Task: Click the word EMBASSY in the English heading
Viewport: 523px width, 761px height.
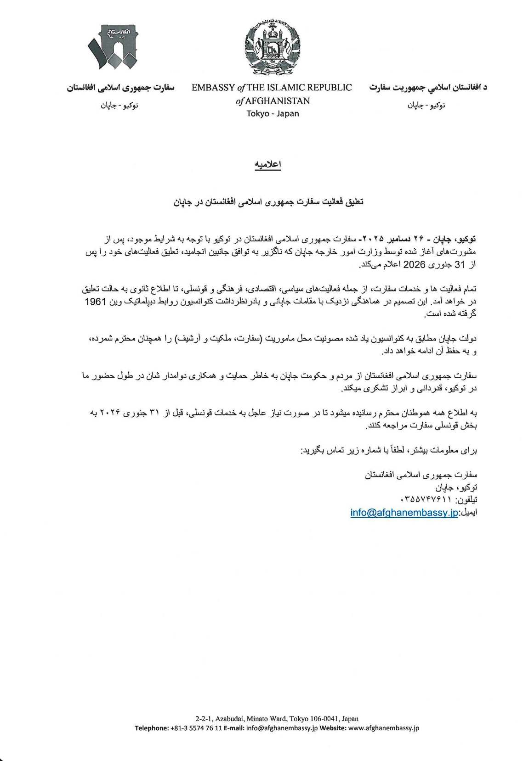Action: coord(212,88)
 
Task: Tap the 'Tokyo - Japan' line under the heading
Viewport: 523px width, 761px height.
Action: coord(273,113)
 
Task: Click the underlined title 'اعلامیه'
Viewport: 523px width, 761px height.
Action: coord(268,165)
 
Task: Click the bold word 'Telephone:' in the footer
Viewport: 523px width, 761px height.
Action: coord(151,728)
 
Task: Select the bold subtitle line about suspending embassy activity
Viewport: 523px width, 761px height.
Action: coord(268,201)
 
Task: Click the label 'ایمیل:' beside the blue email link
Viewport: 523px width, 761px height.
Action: coord(468,513)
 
